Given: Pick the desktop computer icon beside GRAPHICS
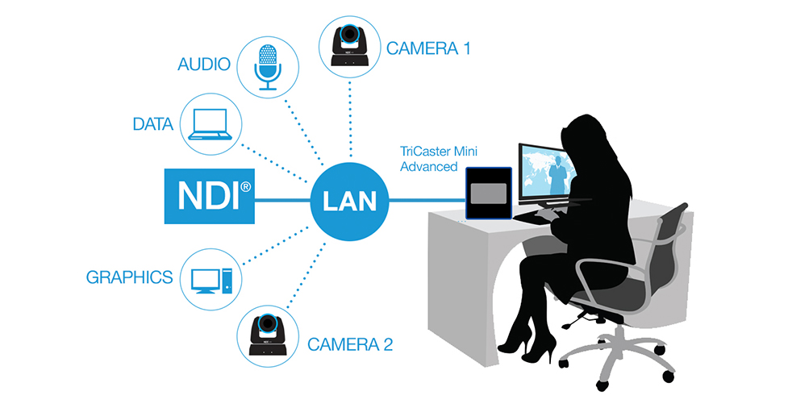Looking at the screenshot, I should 211,279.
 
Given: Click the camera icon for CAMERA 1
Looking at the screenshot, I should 350,45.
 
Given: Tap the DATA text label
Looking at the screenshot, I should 153,125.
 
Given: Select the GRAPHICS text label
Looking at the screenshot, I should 129,278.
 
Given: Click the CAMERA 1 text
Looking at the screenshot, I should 427,48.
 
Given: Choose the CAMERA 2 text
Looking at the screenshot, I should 350,346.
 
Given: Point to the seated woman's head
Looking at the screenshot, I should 585,133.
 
